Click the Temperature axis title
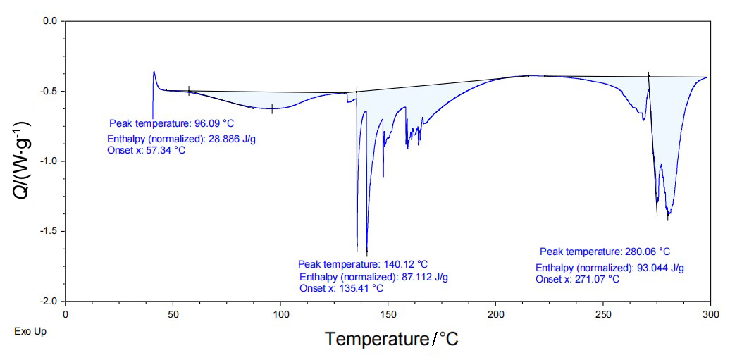392,339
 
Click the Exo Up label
30,331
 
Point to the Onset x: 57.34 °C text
146,150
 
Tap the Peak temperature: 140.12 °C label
362,264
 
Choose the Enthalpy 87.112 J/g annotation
373,277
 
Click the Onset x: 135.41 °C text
341,288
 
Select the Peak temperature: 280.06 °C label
605,252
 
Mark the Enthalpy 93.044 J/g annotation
610,268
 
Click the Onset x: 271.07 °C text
577,279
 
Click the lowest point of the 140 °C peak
366,252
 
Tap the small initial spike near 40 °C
154,72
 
